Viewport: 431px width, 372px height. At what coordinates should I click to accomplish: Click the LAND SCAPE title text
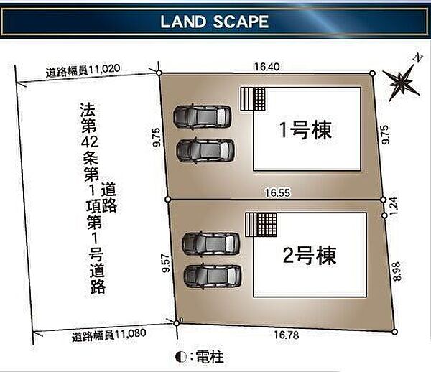pos(214,22)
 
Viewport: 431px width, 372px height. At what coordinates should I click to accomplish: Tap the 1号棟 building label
pos(306,130)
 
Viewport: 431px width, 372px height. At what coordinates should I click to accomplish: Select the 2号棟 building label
pos(310,255)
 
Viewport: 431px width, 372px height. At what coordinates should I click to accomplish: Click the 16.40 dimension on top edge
pos(267,67)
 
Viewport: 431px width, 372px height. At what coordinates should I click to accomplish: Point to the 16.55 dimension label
pos(277,192)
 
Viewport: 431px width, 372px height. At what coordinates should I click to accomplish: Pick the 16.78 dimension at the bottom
pos(287,335)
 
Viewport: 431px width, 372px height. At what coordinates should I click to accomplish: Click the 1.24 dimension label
pos(394,206)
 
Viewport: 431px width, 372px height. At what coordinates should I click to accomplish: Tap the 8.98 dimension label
pos(397,271)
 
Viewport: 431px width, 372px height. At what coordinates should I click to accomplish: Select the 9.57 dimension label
pos(167,264)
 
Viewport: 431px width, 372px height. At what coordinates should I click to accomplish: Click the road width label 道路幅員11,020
pos(83,70)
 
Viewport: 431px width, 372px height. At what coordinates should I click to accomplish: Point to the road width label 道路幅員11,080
pos(109,335)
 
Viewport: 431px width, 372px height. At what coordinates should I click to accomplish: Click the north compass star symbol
pos(402,81)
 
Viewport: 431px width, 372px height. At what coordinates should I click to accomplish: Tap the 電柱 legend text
pos(210,357)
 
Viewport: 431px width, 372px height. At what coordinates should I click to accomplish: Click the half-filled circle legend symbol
pos(180,357)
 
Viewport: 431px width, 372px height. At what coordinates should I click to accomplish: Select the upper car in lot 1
pos(202,116)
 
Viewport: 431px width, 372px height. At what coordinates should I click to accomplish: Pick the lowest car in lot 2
pos(213,276)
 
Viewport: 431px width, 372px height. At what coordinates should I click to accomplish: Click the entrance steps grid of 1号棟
pos(253,99)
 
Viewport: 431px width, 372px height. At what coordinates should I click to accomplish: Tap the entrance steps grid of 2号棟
pos(261,225)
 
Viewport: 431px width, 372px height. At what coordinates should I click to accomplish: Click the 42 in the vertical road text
pos(90,141)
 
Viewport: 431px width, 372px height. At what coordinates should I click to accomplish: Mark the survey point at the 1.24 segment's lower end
pos(385,215)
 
